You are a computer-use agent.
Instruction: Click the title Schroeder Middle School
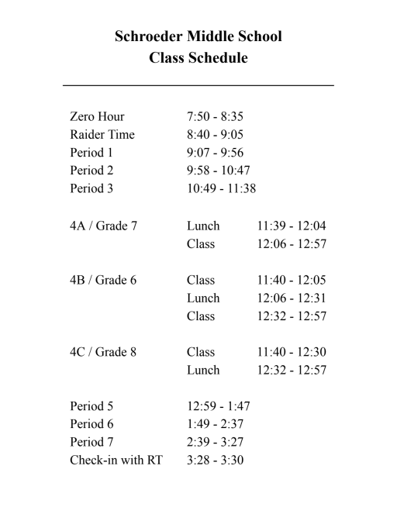198,36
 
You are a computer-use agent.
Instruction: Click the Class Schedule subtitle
198,58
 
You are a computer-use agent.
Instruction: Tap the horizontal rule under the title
198,85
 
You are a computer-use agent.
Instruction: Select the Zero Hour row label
97,117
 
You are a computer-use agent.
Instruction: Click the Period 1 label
91,153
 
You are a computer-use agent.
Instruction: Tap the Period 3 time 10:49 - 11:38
221,188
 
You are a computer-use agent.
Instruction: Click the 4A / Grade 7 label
103,226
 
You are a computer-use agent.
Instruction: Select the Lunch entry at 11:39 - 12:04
203,226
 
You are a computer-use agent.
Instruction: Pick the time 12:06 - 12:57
292,244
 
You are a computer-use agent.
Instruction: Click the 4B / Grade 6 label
103,281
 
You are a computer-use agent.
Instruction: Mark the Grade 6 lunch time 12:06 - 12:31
292,298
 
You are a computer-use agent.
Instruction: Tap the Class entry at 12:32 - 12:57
201,316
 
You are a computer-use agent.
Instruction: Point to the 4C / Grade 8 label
103,352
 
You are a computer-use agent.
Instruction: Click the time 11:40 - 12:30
292,352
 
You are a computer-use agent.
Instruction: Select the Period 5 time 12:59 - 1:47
218,405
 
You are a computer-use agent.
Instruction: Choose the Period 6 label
91,424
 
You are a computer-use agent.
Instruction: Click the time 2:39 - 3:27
215,442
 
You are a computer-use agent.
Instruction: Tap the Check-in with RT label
116,460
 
